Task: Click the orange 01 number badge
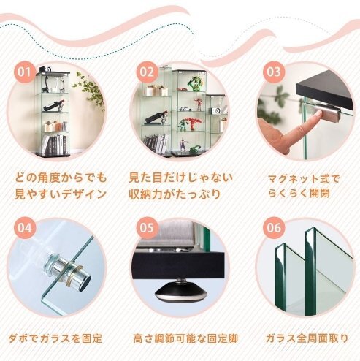pos(25,72)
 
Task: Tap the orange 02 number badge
pos(148,72)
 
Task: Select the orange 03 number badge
pos(274,72)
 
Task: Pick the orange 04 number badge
pos(25,227)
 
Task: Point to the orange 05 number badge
pos(148,227)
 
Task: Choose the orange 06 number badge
pos(274,227)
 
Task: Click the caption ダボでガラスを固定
pos(55,339)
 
